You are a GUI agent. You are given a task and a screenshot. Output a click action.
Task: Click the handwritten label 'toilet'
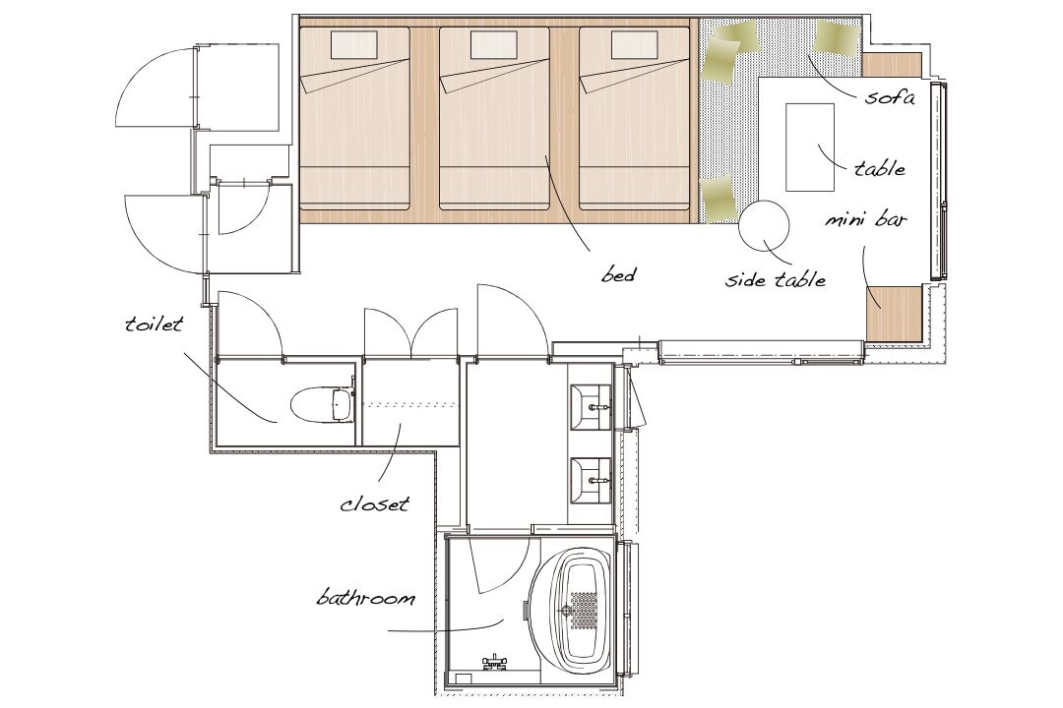[x=154, y=324]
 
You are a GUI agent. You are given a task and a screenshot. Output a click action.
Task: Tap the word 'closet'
[x=375, y=504]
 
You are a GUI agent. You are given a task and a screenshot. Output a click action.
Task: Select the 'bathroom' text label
[x=365, y=598]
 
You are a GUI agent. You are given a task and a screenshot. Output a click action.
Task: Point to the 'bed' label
[x=618, y=274]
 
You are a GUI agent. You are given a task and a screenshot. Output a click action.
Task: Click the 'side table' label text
[x=776, y=278]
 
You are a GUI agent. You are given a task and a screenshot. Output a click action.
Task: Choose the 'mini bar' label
[x=866, y=219]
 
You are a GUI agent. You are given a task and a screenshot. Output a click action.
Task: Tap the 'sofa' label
[x=890, y=97]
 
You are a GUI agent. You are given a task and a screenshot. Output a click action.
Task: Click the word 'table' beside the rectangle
[x=879, y=167]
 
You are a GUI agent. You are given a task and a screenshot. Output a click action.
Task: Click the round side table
[x=764, y=225]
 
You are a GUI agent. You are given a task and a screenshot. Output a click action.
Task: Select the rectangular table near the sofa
[x=809, y=147]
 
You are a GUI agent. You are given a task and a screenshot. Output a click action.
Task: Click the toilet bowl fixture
[x=321, y=404]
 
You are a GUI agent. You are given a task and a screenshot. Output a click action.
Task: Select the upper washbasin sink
[x=591, y=407]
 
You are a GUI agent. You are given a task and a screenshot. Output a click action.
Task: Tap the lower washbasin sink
[x=591, y=480]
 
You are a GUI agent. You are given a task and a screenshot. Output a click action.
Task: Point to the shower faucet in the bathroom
[x=493, y=661]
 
